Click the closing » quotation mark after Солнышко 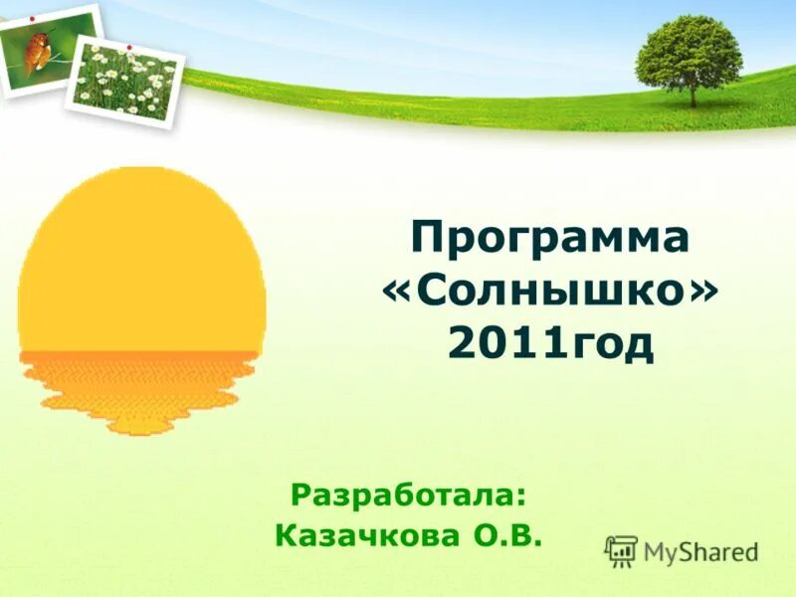click(x=703, y=294)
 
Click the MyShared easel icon click(x=622, y=550)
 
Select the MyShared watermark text click(x=700, y=551)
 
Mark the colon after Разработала click(x=521, y=496)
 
